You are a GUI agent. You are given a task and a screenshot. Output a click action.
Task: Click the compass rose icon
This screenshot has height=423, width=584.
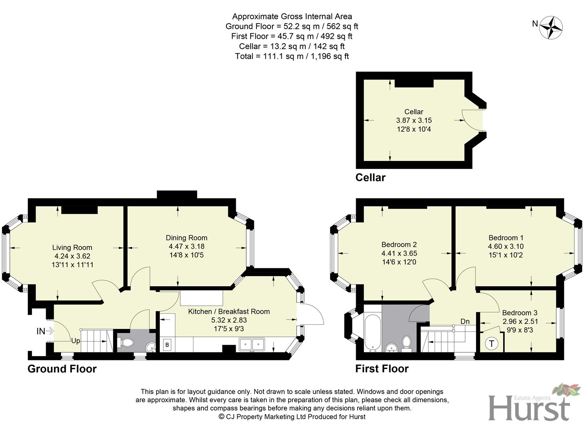(551, 27)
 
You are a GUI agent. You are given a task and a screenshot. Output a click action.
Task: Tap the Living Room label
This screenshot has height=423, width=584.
(72, 248)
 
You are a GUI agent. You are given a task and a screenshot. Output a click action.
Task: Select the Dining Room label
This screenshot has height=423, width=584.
(186, 238)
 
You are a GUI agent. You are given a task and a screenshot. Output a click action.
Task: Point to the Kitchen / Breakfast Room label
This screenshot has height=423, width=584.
(229, 311)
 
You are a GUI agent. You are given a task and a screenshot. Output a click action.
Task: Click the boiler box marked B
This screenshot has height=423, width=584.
(167, 345)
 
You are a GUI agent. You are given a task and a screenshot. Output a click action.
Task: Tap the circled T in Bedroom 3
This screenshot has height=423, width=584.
(491, 344)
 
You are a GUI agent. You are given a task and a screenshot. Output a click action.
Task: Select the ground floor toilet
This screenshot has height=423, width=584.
(126, 343)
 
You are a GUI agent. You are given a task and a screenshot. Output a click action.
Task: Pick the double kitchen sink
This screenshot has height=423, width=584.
(252, 345)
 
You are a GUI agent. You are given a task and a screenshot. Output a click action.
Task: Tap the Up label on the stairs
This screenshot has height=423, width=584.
(75, 341)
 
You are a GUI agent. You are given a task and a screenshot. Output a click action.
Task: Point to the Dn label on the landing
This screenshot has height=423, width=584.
(465, 322)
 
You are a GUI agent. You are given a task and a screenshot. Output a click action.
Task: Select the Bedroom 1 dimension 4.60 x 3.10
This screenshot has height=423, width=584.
(505, 246)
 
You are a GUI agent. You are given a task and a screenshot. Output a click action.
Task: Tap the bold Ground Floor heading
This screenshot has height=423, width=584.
(62, 369)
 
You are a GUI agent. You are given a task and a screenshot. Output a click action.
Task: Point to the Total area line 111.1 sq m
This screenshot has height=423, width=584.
(292, 56)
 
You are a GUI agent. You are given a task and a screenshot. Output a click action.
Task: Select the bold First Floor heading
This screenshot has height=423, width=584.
(382, 369)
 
